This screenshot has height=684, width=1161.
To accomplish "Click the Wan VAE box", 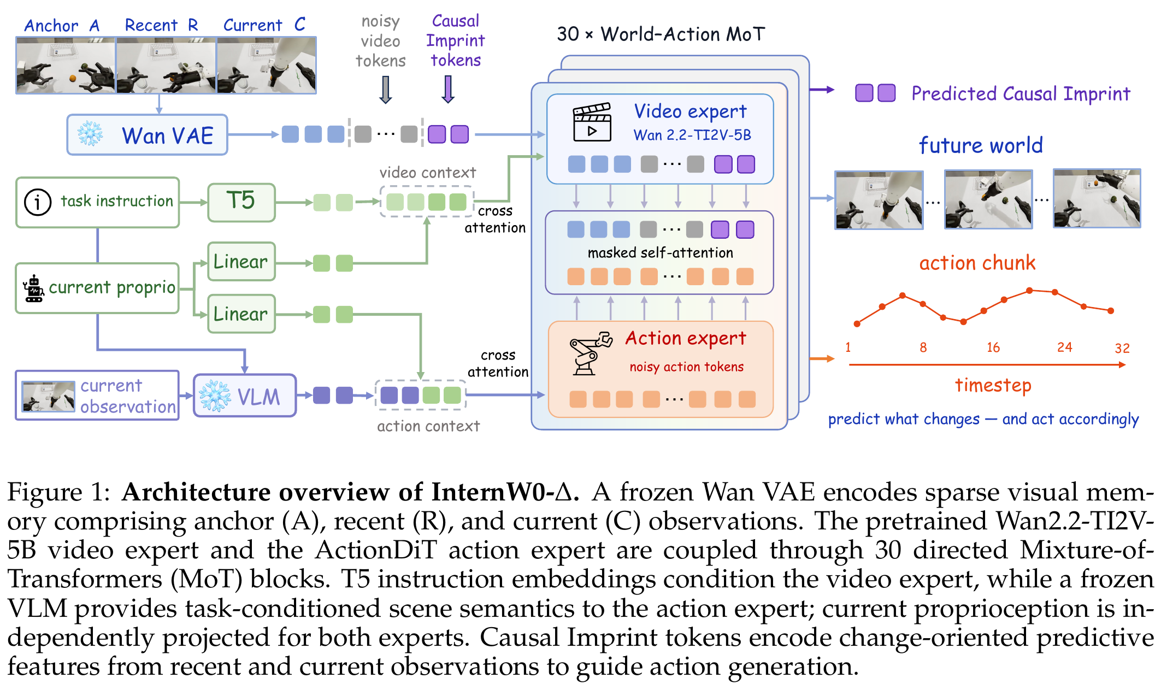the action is click(147, 135).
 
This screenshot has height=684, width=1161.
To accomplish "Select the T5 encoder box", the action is click(241, 202).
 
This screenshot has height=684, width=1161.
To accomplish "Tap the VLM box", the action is click(245, 396).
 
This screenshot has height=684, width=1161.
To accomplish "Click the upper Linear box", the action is click(241, 262).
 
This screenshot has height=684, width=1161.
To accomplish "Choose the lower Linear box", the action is click(241, 314).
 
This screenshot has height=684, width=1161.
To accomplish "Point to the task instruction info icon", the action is click(38, 202).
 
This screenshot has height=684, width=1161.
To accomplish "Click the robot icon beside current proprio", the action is click(34, 288).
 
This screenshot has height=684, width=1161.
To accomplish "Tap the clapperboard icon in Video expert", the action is click(592, 122).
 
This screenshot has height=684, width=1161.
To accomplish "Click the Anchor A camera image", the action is click(66, 66).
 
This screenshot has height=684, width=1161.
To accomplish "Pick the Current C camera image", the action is click(267, 66).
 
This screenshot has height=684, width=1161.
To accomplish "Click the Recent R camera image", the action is click(166, 66).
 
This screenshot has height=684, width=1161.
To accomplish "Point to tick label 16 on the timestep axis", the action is click(993, 347).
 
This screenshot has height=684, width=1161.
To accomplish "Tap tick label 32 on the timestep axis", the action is click(1122, 348).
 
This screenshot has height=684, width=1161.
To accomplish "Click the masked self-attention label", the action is click(660, 253).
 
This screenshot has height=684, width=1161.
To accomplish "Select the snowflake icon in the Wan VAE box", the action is click(90, 134).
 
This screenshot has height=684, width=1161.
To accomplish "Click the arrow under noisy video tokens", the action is click(386, 90).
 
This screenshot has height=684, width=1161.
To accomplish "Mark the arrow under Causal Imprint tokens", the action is click(448, 90).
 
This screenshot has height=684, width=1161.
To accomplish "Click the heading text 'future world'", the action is click(981, 145).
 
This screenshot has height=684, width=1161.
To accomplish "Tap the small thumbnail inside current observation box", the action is click(48, 396).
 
